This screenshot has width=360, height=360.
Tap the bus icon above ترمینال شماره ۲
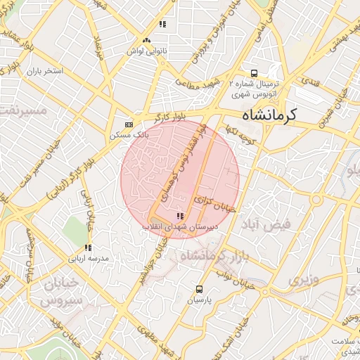click(x=254, y=72)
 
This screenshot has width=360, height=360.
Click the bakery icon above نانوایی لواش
click(x=146, y=41)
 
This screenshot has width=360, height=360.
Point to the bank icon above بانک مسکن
click(x=128, y=122)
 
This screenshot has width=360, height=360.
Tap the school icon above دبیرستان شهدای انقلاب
click(x=181, y=216)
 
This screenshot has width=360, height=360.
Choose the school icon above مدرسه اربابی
click(x=88, y=247)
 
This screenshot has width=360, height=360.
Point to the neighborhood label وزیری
click(x=303, y=280)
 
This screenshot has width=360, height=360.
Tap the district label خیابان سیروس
click(x=60, y=292)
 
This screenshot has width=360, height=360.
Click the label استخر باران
click(x=45, y=72)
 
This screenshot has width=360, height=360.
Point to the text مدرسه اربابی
click(x=89, y=259)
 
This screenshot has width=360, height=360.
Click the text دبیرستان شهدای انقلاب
click(x=171, y=226)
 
